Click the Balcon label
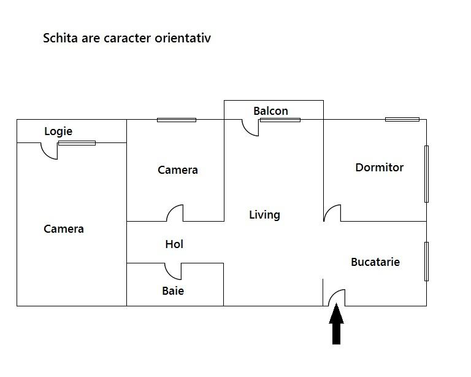[270, 111]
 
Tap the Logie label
[58, 131]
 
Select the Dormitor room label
[380, 168]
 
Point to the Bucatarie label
[375, 262]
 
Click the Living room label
[265, 215]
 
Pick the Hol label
[174, 244]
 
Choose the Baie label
[173, 290]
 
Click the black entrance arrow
[337, 324]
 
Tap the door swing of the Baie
[170, 274]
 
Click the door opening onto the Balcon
[247, 131]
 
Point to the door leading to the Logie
[46, 154]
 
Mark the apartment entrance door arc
[333, 293]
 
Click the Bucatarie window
[427, 262]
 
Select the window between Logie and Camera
[77, 143]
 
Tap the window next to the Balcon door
[280, 120]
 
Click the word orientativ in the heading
[183, 38]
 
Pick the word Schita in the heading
[60, 38]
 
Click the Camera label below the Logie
[64, 229]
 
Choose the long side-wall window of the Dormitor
[427, 174]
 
